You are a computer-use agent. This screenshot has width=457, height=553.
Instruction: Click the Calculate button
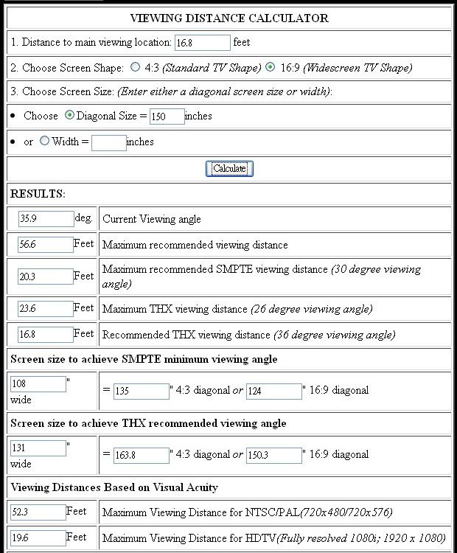[x=229, y=169]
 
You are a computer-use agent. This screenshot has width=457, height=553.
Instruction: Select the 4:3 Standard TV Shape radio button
[x=135, y=67]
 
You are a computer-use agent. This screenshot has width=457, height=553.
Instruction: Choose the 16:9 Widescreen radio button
[x=270, y=67]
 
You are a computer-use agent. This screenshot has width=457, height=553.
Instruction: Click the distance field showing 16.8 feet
[x=203, y=43]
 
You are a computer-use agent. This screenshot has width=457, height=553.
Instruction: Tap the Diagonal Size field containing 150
[x=167, y=116]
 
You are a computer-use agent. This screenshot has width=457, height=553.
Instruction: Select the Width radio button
[x=44, y=141]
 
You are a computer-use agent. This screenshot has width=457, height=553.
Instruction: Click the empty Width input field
[x=109, y=142]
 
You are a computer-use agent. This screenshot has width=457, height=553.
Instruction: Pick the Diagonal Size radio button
[x=70, y=115]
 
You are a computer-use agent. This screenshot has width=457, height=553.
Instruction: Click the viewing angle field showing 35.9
[x=46, y=219]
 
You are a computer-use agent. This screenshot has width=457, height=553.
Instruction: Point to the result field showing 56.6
[x=46, y=245]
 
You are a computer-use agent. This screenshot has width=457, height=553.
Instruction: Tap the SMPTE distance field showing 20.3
[x=46, y=276]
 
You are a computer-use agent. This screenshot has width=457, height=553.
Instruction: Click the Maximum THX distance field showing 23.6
[x=46, y=309]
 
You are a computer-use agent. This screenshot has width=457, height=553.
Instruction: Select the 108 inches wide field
[x=38, y=384]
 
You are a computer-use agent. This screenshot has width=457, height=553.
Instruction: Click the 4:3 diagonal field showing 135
[x=142, y=392]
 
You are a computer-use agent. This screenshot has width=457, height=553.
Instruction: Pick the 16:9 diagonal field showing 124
[x=274, y=392]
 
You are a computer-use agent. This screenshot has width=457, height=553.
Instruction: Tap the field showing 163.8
[x=142, y=456]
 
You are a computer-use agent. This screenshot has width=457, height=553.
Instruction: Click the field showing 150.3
[x=274, y=456]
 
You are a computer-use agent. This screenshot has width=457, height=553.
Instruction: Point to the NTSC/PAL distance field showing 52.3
[x=38, y=512]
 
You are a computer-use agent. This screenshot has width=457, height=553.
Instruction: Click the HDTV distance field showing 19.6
[x=38, y=538]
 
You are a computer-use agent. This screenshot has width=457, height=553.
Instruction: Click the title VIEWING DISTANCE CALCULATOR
[x=229, y=18]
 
